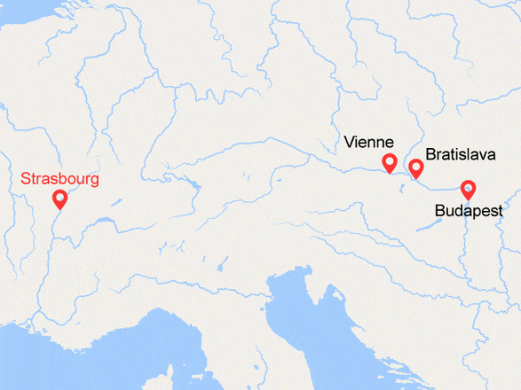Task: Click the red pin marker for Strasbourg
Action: pyautogui.click(x=59, y=199)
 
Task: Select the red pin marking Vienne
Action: pyautogui.click(x=388, y=162)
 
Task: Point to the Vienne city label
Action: pyautogui.click(x=369, y=142)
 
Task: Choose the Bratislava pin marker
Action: pyautogui.click(x=414, y=168)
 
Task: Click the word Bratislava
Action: pyautogui.click(x=459, y=154)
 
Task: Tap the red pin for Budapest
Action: pyautogui.click(x=467, y=189)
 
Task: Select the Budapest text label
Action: pyautogui.click(x=469, y=211)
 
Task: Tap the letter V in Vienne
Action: pyautogui.click(x=349, y=142)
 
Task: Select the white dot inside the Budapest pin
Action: pyautogui.click(x=467, y=187)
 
